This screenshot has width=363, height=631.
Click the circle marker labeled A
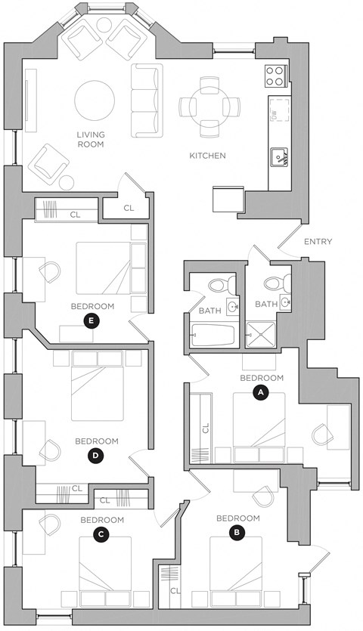tap(261, 393)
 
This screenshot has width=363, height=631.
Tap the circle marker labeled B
tap(237, 532)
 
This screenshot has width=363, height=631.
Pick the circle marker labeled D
tap(95, 455)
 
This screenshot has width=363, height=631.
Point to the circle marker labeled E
tap(92, 320)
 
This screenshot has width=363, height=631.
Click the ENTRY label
tap(318, 242)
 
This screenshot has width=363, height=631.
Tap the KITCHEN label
tap(207, 156)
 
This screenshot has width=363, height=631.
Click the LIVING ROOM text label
tap(89, 140)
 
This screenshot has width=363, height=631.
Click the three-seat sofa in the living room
tap(147, 101)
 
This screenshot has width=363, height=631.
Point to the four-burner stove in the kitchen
tap(275, 76)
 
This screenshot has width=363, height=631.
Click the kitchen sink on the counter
tap(280, 157)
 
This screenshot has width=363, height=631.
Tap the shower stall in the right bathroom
tap(262, 332)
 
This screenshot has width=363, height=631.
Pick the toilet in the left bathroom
tap(217, 286)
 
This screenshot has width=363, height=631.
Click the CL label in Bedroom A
tap(206, 429)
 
